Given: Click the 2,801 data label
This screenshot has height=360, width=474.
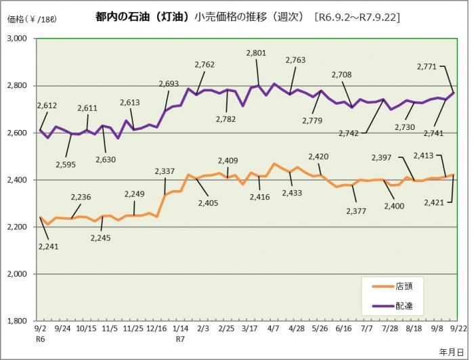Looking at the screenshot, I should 256,52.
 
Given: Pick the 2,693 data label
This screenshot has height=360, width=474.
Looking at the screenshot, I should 169,84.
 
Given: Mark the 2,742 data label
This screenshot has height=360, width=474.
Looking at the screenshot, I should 358,133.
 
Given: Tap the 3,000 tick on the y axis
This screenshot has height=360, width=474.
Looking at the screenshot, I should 16,39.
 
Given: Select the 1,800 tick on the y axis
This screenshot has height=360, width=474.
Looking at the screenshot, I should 16,321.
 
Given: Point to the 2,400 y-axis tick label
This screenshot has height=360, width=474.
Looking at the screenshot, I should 16,180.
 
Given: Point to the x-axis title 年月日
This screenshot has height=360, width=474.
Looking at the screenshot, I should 452,351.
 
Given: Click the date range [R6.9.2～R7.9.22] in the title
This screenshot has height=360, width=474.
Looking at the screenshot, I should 358,17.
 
